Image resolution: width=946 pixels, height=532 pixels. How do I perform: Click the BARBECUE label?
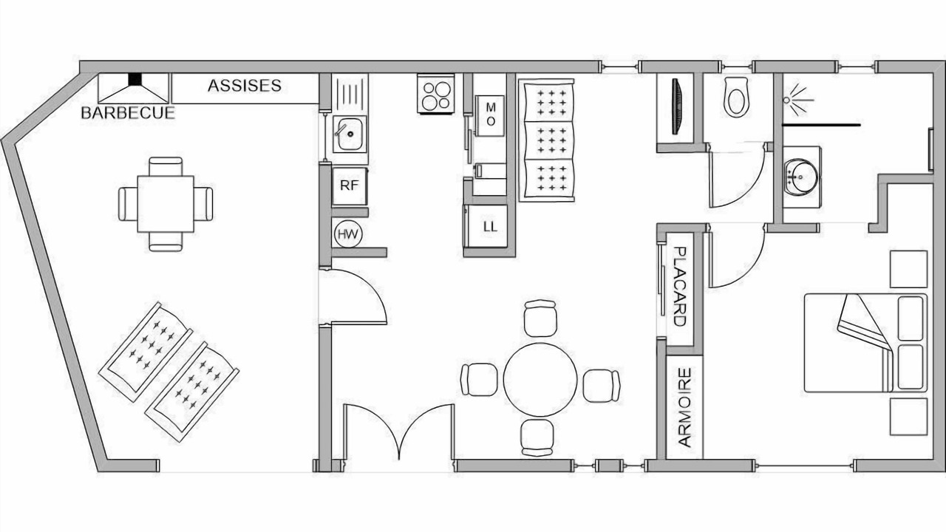click(x=128, y=113)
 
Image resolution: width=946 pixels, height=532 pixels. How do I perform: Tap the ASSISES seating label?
click(x=245, y=86)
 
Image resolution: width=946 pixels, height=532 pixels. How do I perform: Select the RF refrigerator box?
click(x=350, y=185)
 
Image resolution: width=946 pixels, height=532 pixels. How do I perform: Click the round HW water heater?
click(x=348, y=234)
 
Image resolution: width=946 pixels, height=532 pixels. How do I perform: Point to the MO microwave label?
click(x=490, y=114)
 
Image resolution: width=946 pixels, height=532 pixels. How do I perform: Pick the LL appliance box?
click(x=490, y=226)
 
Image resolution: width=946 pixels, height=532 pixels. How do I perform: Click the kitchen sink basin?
click(x=350, y=134)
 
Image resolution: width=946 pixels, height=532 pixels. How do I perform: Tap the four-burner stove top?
click(x=436, y=94)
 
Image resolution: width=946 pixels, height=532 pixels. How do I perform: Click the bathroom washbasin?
click(x=800, y=177)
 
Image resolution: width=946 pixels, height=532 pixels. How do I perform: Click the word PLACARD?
click(x=679, y=286)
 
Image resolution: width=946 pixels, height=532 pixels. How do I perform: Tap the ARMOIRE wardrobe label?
click(x=684, y=407)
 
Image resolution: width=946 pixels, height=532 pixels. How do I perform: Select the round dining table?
click(x=540, y=380)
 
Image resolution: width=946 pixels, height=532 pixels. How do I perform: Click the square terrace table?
click(x=166, y=204)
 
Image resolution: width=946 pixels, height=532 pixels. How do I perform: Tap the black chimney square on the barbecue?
click(x=135, y=79)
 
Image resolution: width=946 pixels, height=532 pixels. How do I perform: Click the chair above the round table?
click(x=540, y=318)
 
